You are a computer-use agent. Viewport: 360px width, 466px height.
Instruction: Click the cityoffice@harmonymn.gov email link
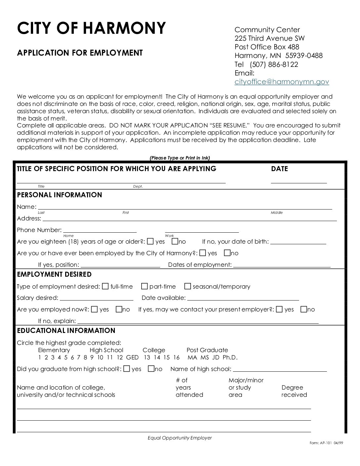282,82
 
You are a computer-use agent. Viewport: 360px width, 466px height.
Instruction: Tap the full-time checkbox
105,286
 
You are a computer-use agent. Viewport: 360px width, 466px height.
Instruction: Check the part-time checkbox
144,286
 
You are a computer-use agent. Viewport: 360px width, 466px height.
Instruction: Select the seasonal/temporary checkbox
188,286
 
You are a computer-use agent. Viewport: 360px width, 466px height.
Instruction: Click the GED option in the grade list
132,357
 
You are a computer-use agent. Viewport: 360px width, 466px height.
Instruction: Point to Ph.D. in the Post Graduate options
230,357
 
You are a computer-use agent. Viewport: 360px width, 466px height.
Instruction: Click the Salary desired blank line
97,298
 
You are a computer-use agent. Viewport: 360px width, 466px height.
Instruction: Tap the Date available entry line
243,298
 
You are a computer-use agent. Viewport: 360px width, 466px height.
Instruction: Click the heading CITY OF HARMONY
91,28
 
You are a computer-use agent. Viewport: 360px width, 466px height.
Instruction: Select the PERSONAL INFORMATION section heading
60,195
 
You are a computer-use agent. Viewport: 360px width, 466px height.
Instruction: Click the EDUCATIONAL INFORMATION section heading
66,330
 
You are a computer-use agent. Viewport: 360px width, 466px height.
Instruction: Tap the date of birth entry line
298,242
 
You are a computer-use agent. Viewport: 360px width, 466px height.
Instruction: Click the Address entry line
189,219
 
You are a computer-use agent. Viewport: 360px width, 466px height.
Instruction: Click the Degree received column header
294,391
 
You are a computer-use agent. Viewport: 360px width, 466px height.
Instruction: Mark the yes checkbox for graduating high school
126,369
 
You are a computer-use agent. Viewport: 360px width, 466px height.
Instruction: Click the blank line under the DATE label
299,181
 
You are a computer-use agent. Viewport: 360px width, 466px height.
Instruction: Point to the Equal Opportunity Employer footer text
180,438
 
